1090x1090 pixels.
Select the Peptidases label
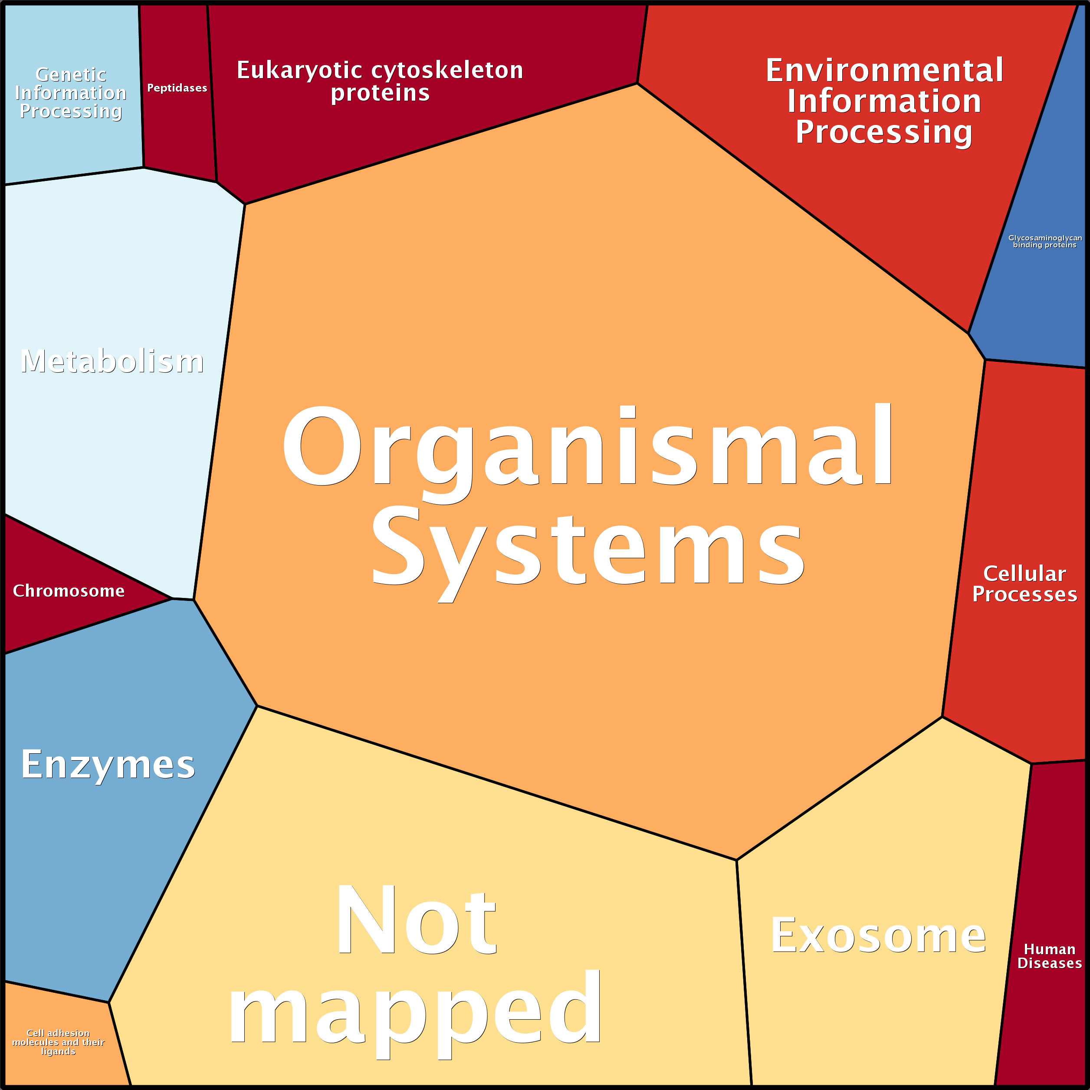tap(177, 88)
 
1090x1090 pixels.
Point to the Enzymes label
tap(108, 765)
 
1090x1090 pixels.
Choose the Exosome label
tap(878, 936)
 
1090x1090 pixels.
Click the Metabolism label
tap(112, 361)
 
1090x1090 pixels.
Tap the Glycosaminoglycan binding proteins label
tap(1045, 241)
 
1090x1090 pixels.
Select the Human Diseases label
tap(1049, 956)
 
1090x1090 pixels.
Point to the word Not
tap(416, 920)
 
